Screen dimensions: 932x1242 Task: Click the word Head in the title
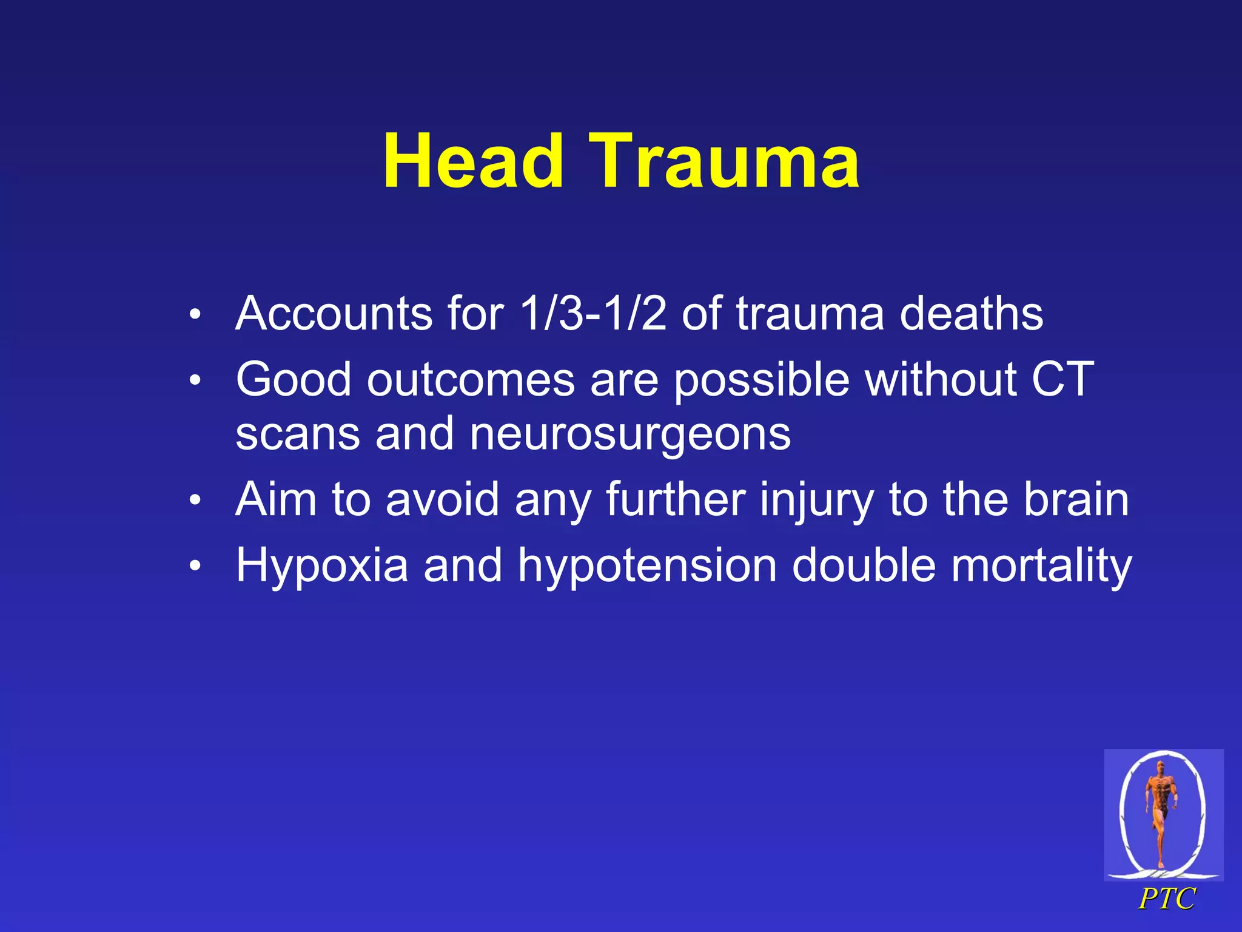click(473, 161)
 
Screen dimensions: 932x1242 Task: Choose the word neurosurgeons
click(630, 434)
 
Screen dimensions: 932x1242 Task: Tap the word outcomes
click(471, 379)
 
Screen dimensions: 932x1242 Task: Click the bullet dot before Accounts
click(194, 315)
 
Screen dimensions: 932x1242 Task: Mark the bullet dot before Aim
click(194, 501)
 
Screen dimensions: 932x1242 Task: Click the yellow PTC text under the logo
click(1167, 899)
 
